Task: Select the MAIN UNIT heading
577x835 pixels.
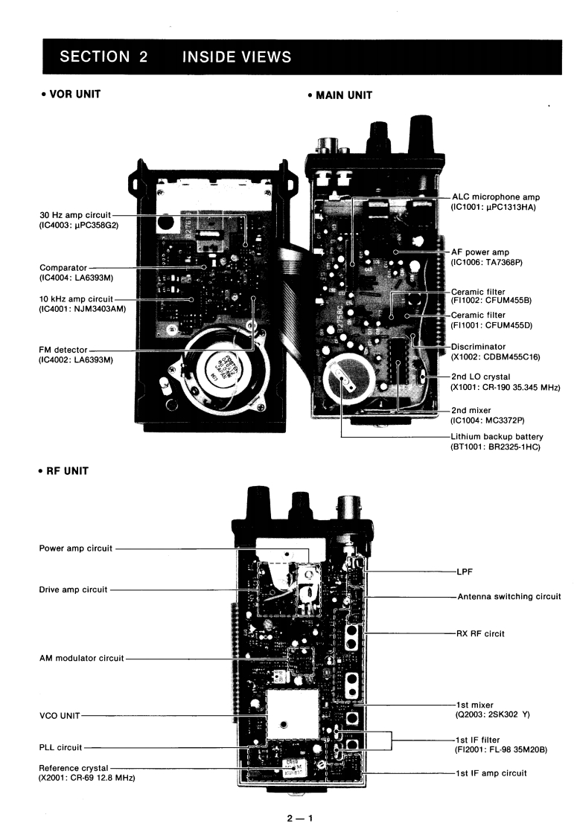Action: click(338, 95)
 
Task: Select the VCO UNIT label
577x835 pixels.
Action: click(57, 715)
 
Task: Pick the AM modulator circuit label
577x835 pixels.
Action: click(82, 658)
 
